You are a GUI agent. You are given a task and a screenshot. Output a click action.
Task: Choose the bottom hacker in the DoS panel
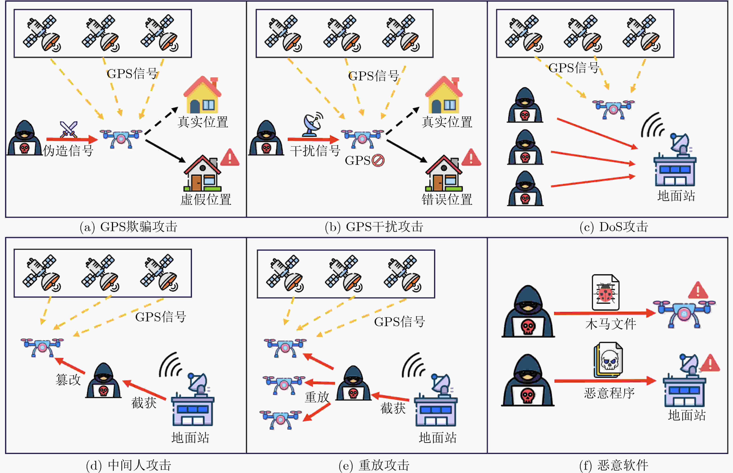(x=525, y=189)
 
